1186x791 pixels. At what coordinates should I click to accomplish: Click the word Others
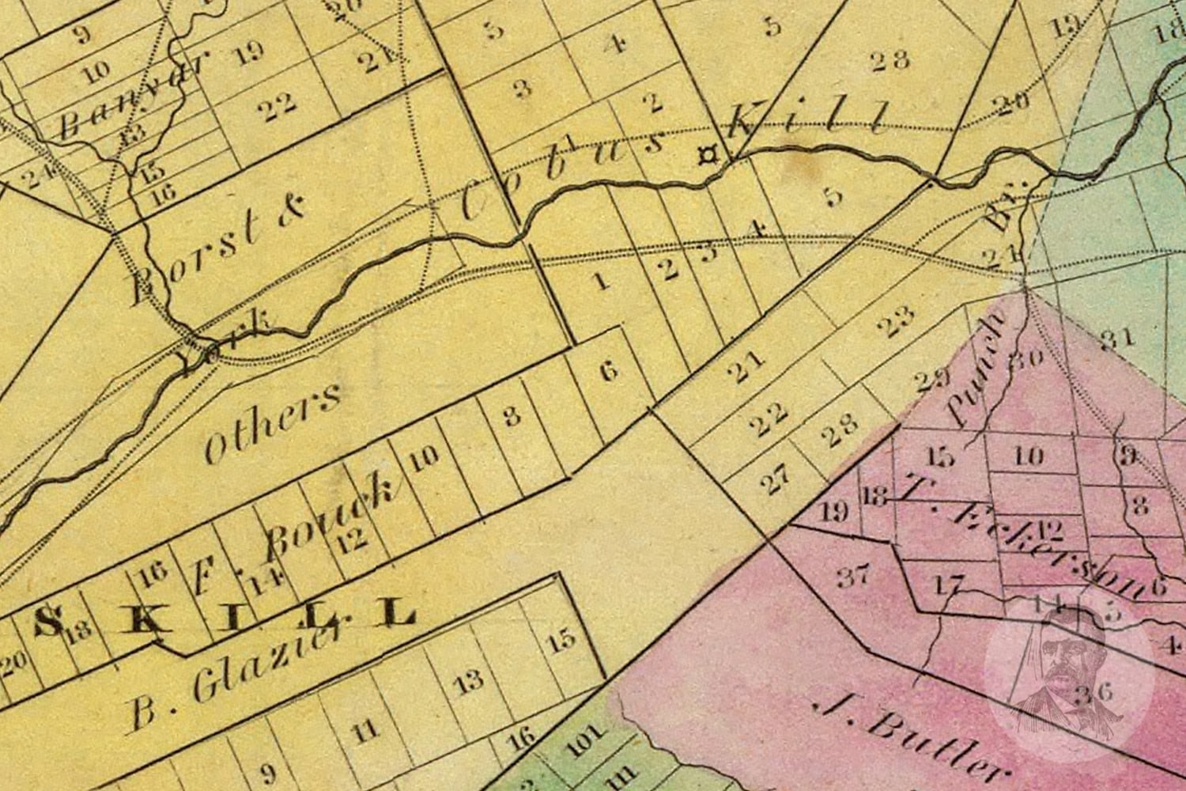(272, 423)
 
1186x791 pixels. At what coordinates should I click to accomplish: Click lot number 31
(1117, 339)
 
